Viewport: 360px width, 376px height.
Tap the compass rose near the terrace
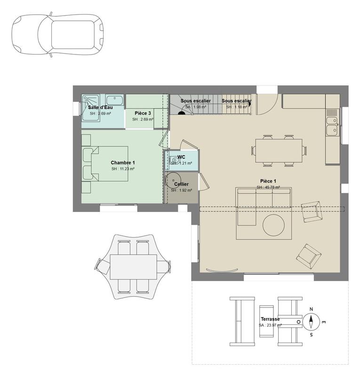coord(311,322)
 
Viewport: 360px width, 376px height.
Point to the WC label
coord(181,157)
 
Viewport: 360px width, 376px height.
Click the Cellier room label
coord(181,184)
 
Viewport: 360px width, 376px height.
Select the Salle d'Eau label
coord(100,108)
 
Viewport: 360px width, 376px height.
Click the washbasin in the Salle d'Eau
coord(114,100)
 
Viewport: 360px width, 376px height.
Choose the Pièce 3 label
coord(143,113)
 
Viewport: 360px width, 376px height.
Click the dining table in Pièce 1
coord(278,150)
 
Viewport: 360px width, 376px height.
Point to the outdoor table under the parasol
coord(133,266)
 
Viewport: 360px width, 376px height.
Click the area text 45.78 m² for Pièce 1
coord(268,187)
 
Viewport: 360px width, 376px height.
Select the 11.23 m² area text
coord(123,169)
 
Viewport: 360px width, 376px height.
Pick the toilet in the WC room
coord(175,160)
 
